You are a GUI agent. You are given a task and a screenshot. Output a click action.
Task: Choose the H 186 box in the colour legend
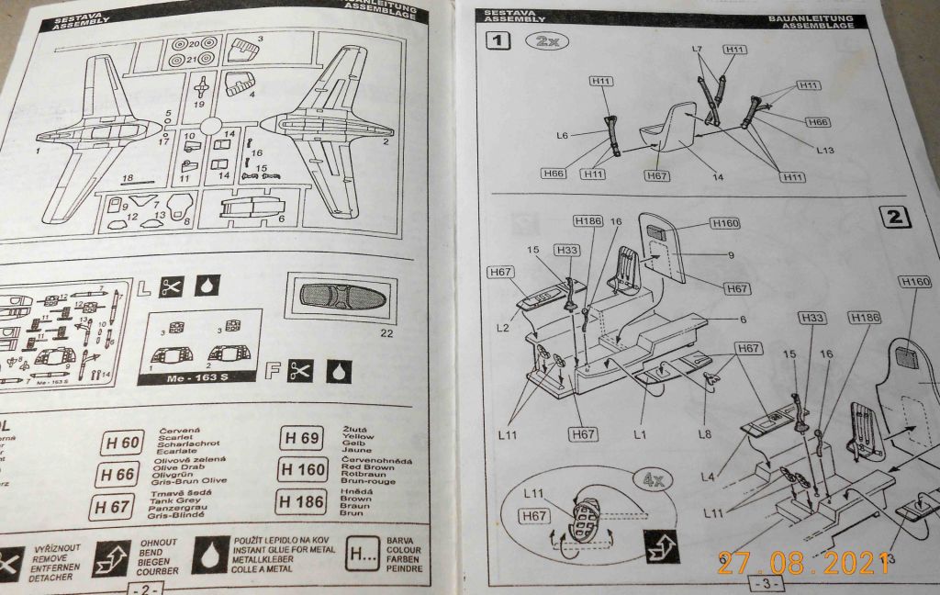(x=300, y=502)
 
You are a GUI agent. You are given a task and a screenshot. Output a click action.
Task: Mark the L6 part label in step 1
(x=563, y=135)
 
